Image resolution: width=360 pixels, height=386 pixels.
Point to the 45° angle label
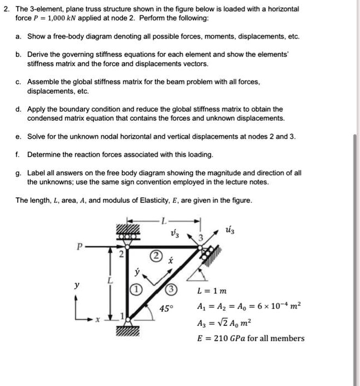coord(166,309)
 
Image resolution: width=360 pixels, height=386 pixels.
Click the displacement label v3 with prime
coord(175,233)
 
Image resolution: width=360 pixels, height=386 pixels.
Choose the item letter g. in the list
coord(19,173)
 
